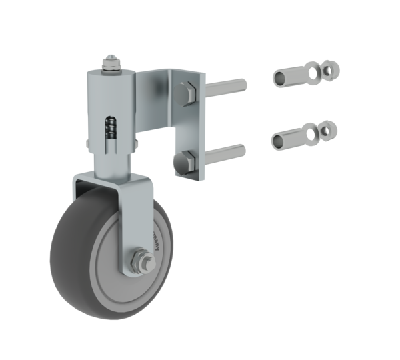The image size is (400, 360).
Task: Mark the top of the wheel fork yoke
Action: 110,177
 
